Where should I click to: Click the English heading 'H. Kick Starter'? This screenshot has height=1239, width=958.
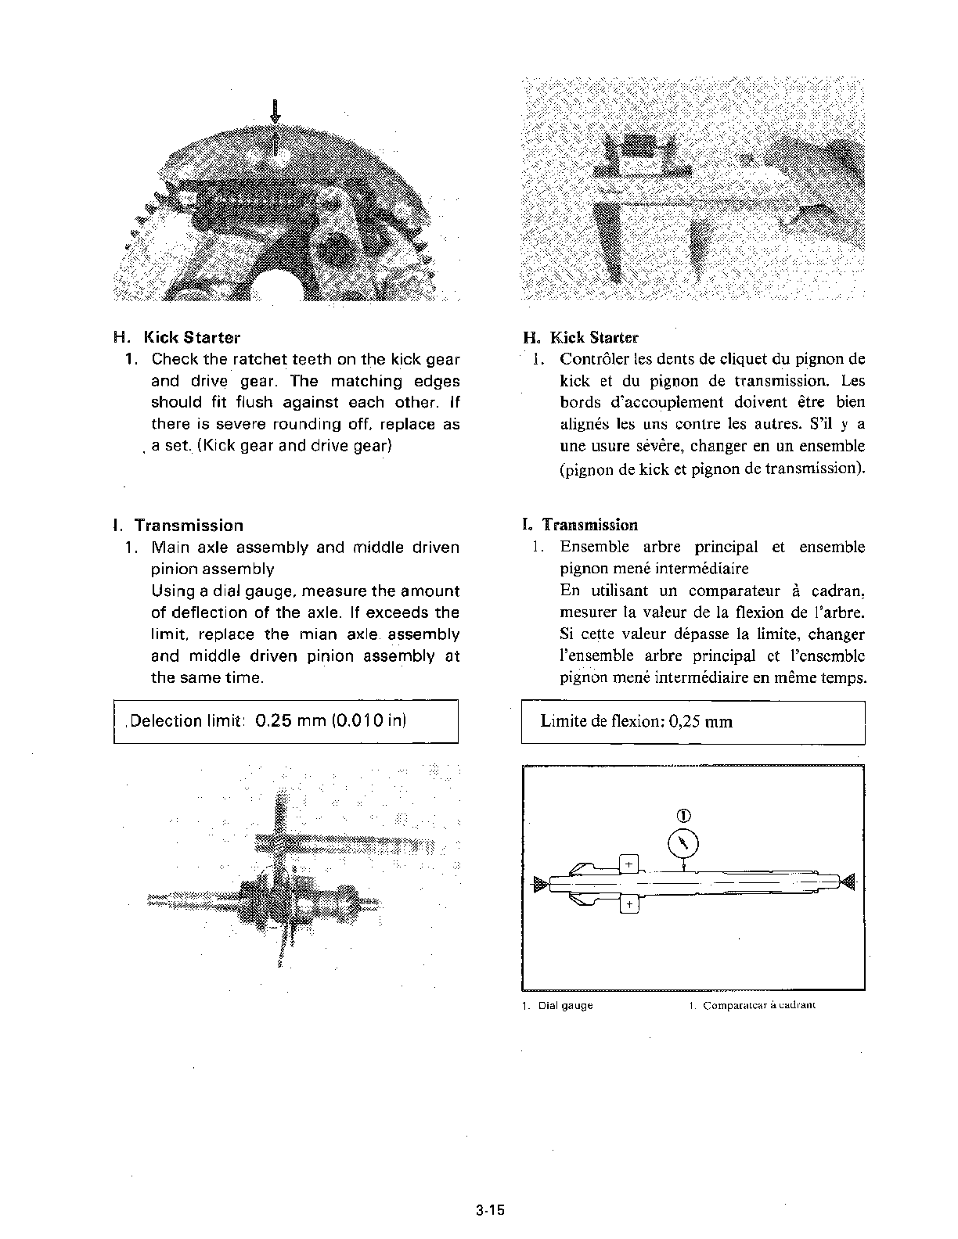coord(177,338)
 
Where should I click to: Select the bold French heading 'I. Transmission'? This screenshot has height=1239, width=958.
coord(580,525)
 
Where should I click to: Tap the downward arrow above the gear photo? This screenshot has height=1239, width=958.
coord(275,110)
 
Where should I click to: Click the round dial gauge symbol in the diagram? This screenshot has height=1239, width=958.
coord(684,843)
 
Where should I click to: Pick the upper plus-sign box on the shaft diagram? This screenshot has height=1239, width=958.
coord(629,864)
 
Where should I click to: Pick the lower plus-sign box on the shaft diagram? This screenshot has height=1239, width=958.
coord(629,905)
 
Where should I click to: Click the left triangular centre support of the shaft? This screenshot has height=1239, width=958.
coord(540,885)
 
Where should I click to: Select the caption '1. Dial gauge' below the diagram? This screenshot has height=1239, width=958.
coord(557,1005)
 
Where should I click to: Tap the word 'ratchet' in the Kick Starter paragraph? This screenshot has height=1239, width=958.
coord(260,360)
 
